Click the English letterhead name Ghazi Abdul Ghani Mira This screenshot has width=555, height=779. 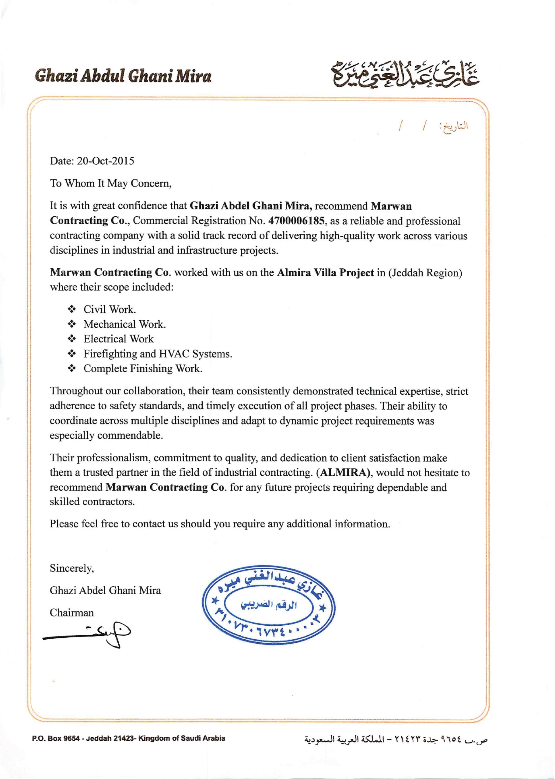tap(123, 76)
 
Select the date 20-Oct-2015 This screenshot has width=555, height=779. tap(105, 161)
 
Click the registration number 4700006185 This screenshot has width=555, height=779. tap(296, 221)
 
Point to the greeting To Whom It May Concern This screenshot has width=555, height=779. tap(111, 183)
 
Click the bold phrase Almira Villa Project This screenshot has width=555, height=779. tap(325, 272)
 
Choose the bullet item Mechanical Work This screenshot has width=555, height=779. tap(125, 324)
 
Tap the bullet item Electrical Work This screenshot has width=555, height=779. tap(119, 339)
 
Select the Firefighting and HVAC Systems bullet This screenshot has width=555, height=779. tap(158, 354)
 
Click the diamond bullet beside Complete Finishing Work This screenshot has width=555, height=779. tap(72, 368)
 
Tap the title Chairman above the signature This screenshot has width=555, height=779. tap(72, 612)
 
